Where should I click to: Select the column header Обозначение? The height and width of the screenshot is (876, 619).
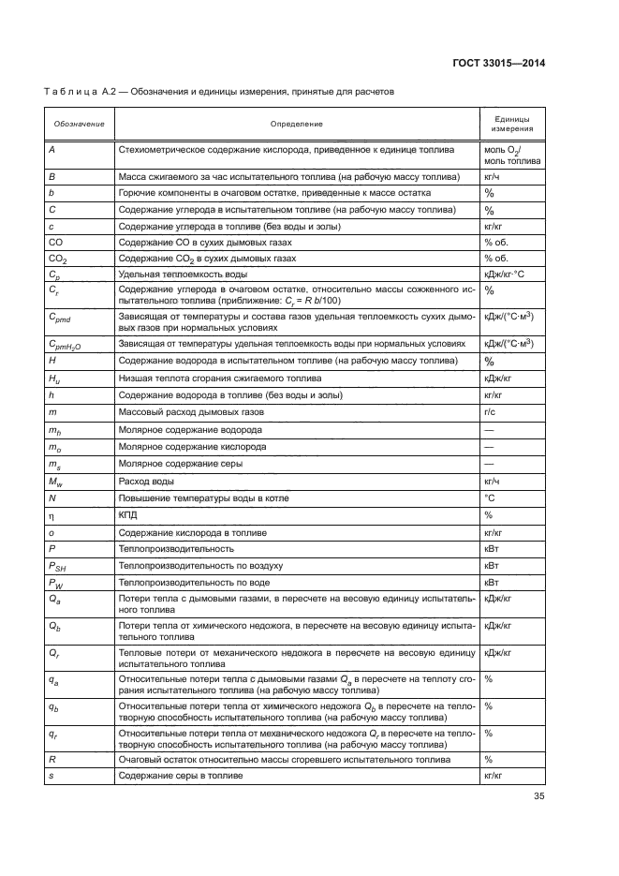pos(79,124)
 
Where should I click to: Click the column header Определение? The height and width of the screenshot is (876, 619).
pos(297,124)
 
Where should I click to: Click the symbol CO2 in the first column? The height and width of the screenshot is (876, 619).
pos(59,257)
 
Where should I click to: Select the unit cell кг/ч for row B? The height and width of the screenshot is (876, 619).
pos(492,176)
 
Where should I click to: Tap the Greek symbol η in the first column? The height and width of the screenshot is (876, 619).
pos(52,514)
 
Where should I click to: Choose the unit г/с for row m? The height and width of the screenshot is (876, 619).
pos(490,411)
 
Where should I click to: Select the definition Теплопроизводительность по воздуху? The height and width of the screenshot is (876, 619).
pos(196,566)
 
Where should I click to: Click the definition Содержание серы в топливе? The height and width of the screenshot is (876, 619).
pos(180,776)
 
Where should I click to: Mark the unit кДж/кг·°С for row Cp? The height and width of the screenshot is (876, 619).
pos(506,275)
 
